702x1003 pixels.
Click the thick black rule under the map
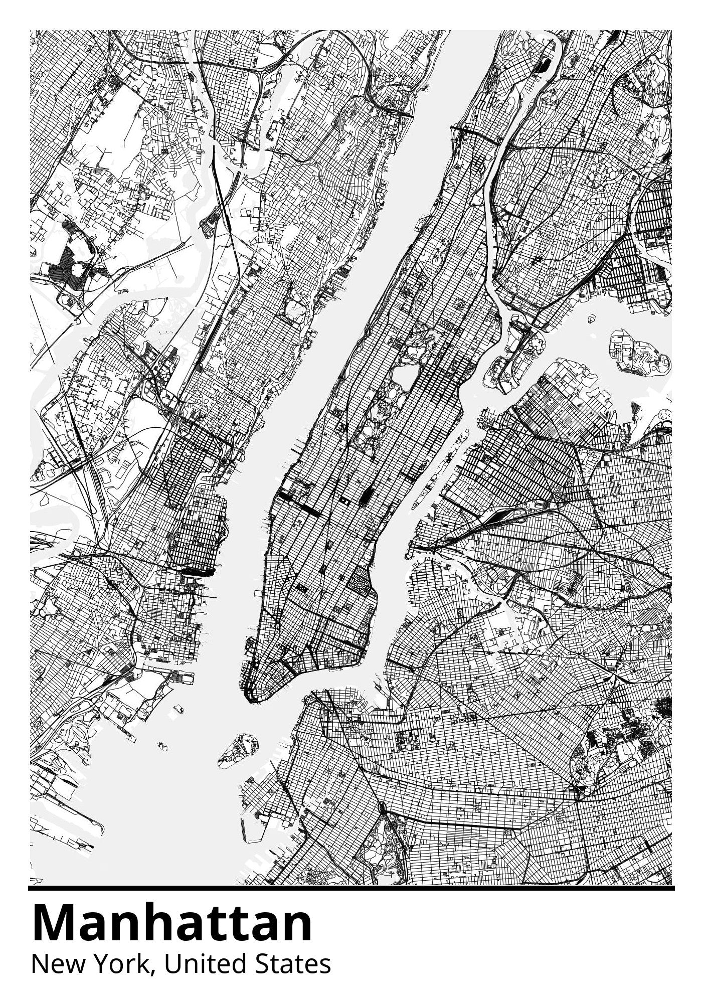pos(351,888)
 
